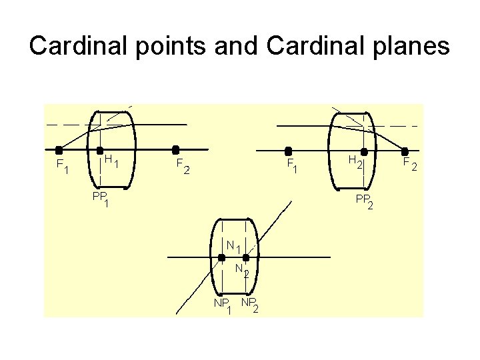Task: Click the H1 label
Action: [111, 161]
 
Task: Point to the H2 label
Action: [356, 161]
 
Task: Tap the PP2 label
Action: [364, 201]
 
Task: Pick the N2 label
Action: [242, 270]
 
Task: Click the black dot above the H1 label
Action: [100, 150]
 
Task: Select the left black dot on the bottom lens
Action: [222, 257]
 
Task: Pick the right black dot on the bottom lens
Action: [245, 257]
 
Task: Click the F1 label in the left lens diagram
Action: [62, 166]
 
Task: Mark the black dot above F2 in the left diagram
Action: [176, 150]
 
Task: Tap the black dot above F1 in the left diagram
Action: [59, 150]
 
